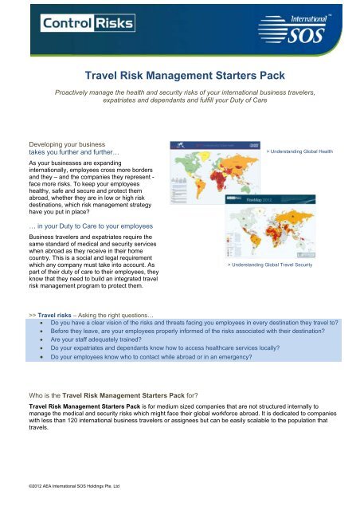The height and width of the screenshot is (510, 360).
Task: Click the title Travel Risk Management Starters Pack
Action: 180,75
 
